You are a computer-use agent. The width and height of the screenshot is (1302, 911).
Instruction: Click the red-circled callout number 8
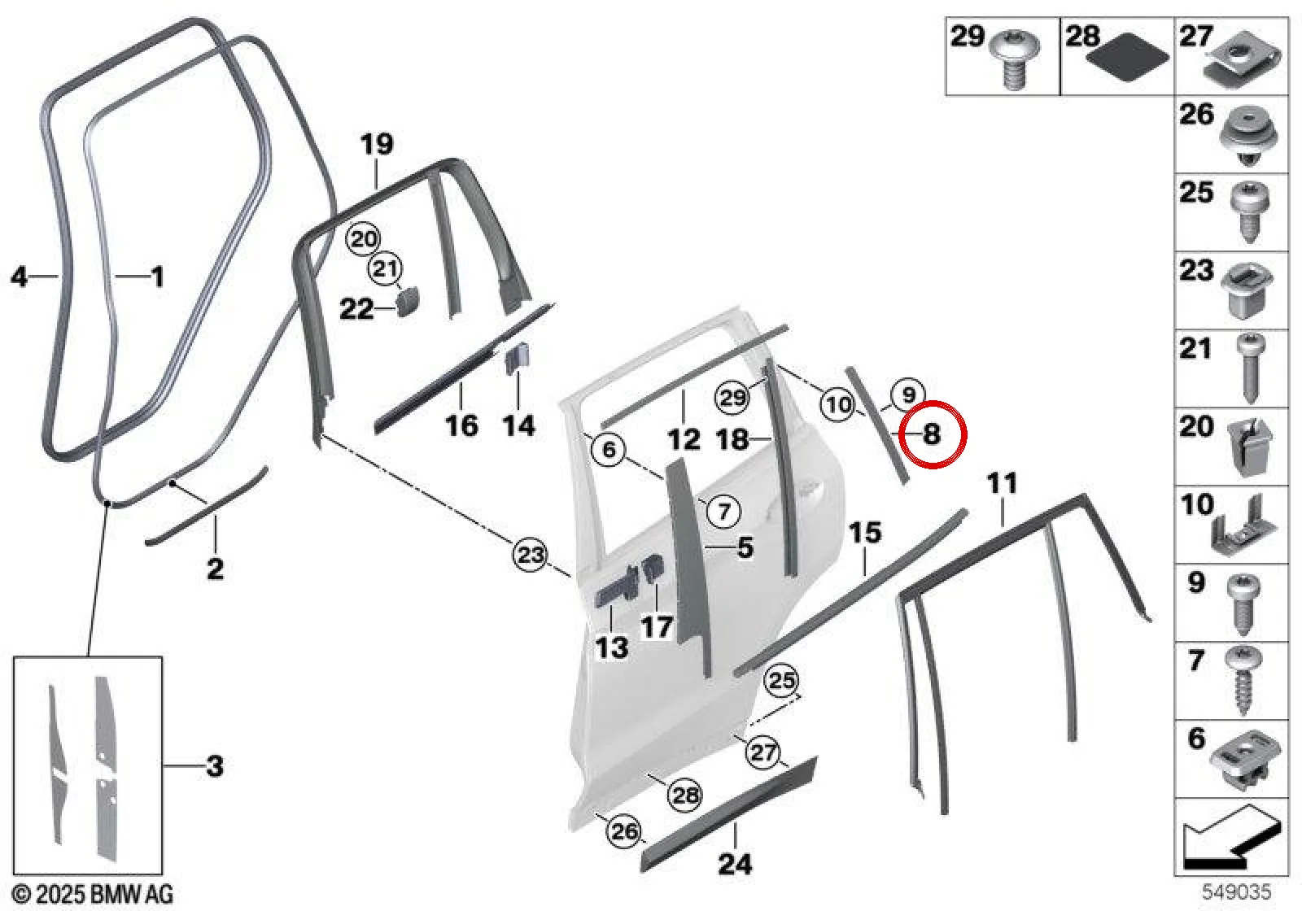pos(931,434)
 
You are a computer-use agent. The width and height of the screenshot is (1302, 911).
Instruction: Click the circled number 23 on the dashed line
pos(530,554)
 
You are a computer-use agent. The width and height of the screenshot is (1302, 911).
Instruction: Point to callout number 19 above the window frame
pos(377,143)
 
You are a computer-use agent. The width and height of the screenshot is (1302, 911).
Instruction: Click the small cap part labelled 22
pos(408,301)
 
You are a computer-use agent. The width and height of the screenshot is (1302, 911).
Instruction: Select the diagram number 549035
pos(1236,891)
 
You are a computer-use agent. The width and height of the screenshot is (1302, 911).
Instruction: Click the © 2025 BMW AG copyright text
pos(93,894)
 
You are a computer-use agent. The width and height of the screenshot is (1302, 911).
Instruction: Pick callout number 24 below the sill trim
pos(736,863)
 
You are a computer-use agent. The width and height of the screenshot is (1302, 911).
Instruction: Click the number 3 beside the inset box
pos(215,766)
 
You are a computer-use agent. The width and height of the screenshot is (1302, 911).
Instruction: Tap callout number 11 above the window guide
pos(1003,483)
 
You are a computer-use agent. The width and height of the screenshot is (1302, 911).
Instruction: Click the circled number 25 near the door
pos(782,680)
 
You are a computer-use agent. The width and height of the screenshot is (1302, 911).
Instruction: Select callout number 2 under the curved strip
pos(215,569)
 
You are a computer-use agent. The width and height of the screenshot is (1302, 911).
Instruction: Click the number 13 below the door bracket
pos(611,647)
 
